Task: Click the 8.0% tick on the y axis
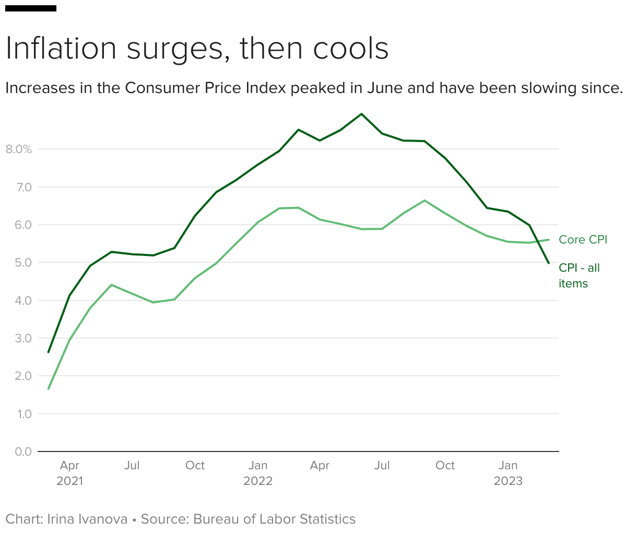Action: pos(19,149)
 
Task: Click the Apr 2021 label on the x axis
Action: pos(69,473)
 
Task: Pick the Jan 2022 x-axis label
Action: pos(258,473)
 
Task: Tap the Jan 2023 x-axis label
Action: pos(508,473)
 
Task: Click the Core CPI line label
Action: pos(583,240)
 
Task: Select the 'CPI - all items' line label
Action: pos(579,275)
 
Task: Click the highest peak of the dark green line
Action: pos(361,114)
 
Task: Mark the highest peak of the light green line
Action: pos(424,200)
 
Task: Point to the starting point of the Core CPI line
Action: pos(49,389)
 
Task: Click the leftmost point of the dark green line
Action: pos(49,352)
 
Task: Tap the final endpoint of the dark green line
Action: pos(549,263)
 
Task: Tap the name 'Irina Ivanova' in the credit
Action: pos(87,519)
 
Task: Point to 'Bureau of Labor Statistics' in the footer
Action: pos(274,519)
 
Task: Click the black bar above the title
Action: pos(31,8)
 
